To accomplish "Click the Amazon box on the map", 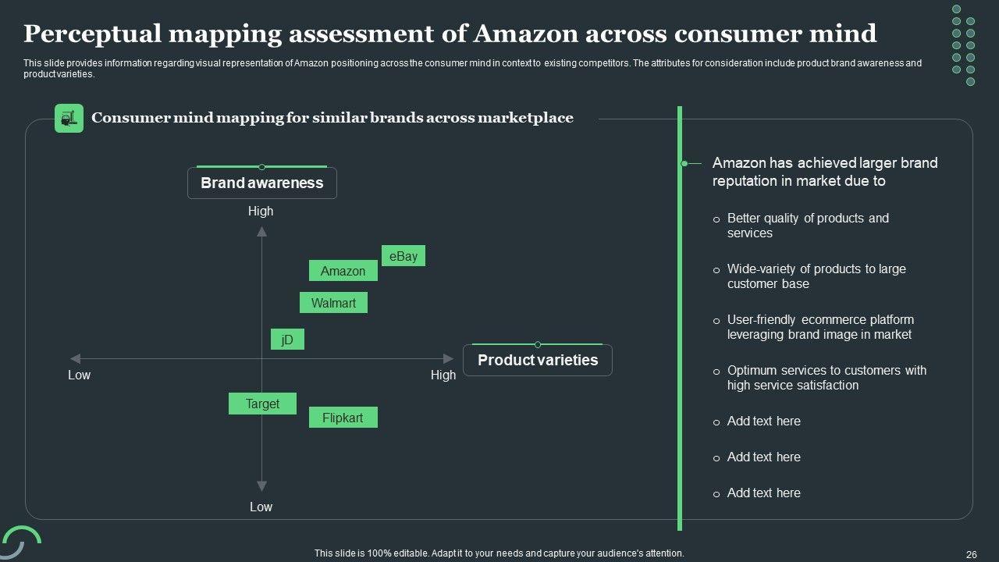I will [x=343, y=271].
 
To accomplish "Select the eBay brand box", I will [x=403, y=256].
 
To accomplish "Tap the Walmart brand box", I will [x=333, y=303].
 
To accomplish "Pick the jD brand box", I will [x=287, y=340].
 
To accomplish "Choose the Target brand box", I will [x=262, y=404].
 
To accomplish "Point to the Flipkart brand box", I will [x=343, y=418].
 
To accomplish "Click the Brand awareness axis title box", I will [x=261, y=183].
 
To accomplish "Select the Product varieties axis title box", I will [x=537, y=360].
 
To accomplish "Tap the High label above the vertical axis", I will [x=261, y=211].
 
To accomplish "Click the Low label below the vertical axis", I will [x=261, y=507].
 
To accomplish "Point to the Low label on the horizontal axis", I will [x=79, y=375].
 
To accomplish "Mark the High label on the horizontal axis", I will [x=443, y=375].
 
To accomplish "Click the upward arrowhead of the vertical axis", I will [x=261, y=231].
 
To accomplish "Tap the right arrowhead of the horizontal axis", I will [x=449, y=359].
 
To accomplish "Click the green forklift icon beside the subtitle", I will [x=69, y=118].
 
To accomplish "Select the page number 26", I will [x=971, y=554].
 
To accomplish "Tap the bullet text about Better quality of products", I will [x=807, y=226].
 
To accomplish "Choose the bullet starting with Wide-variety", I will [x=816, y=276].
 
